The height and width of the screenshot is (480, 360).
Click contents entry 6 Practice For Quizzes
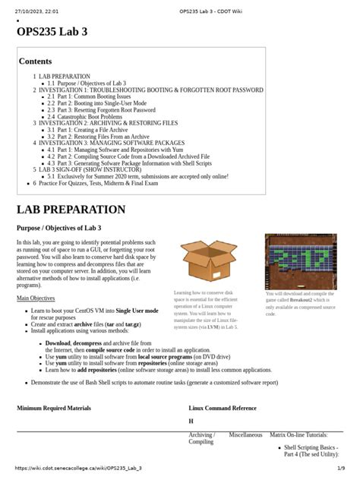(99, 183)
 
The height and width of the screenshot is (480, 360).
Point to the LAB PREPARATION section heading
(71, 209)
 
